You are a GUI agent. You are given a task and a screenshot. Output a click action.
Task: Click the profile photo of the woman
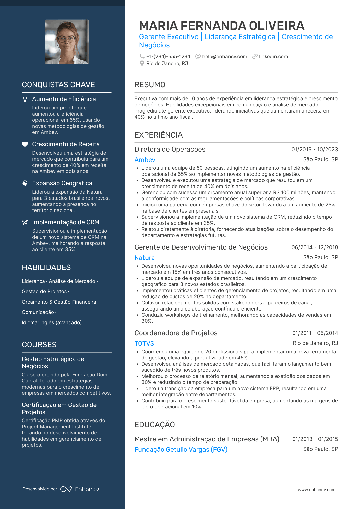tap(67, 42)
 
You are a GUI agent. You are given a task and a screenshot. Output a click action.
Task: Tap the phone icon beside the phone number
tap(142, 56)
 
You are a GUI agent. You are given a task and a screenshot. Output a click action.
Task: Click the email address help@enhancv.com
tap(224, 56)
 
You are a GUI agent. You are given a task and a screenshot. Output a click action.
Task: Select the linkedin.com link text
tap(273, 56)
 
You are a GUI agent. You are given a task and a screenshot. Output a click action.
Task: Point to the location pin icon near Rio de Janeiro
tap(142, 63)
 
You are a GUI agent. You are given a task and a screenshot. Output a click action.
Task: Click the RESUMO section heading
tap(150, 85)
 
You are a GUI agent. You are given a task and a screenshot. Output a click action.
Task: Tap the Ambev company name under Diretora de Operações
tap(145, 160)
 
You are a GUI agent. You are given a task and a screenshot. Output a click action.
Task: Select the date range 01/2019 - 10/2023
tap(315, 150)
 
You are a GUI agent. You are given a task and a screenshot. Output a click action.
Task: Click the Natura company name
tap(145, 258)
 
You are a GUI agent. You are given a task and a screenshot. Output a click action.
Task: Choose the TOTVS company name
tap(144, 343)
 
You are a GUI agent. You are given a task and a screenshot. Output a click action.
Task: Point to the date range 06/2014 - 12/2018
tap(315, 247)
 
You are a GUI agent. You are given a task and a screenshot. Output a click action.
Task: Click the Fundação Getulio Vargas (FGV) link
tap(181, 449)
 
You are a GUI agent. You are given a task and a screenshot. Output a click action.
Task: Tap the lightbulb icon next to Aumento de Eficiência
tap(25, 99)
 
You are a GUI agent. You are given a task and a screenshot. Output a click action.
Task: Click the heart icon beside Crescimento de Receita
tap(25, 144)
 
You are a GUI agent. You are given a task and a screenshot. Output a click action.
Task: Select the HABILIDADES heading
tap(46, 267)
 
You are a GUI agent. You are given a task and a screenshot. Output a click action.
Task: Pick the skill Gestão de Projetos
tap(44, 291)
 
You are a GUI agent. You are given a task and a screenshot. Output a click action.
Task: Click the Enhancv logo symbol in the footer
tap(66, 489)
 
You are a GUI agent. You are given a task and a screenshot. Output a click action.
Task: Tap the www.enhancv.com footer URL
tap(317, 490)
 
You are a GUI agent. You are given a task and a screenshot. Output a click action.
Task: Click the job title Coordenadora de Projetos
tap(176, 333)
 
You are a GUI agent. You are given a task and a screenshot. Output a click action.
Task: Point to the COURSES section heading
tap(39, 345)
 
